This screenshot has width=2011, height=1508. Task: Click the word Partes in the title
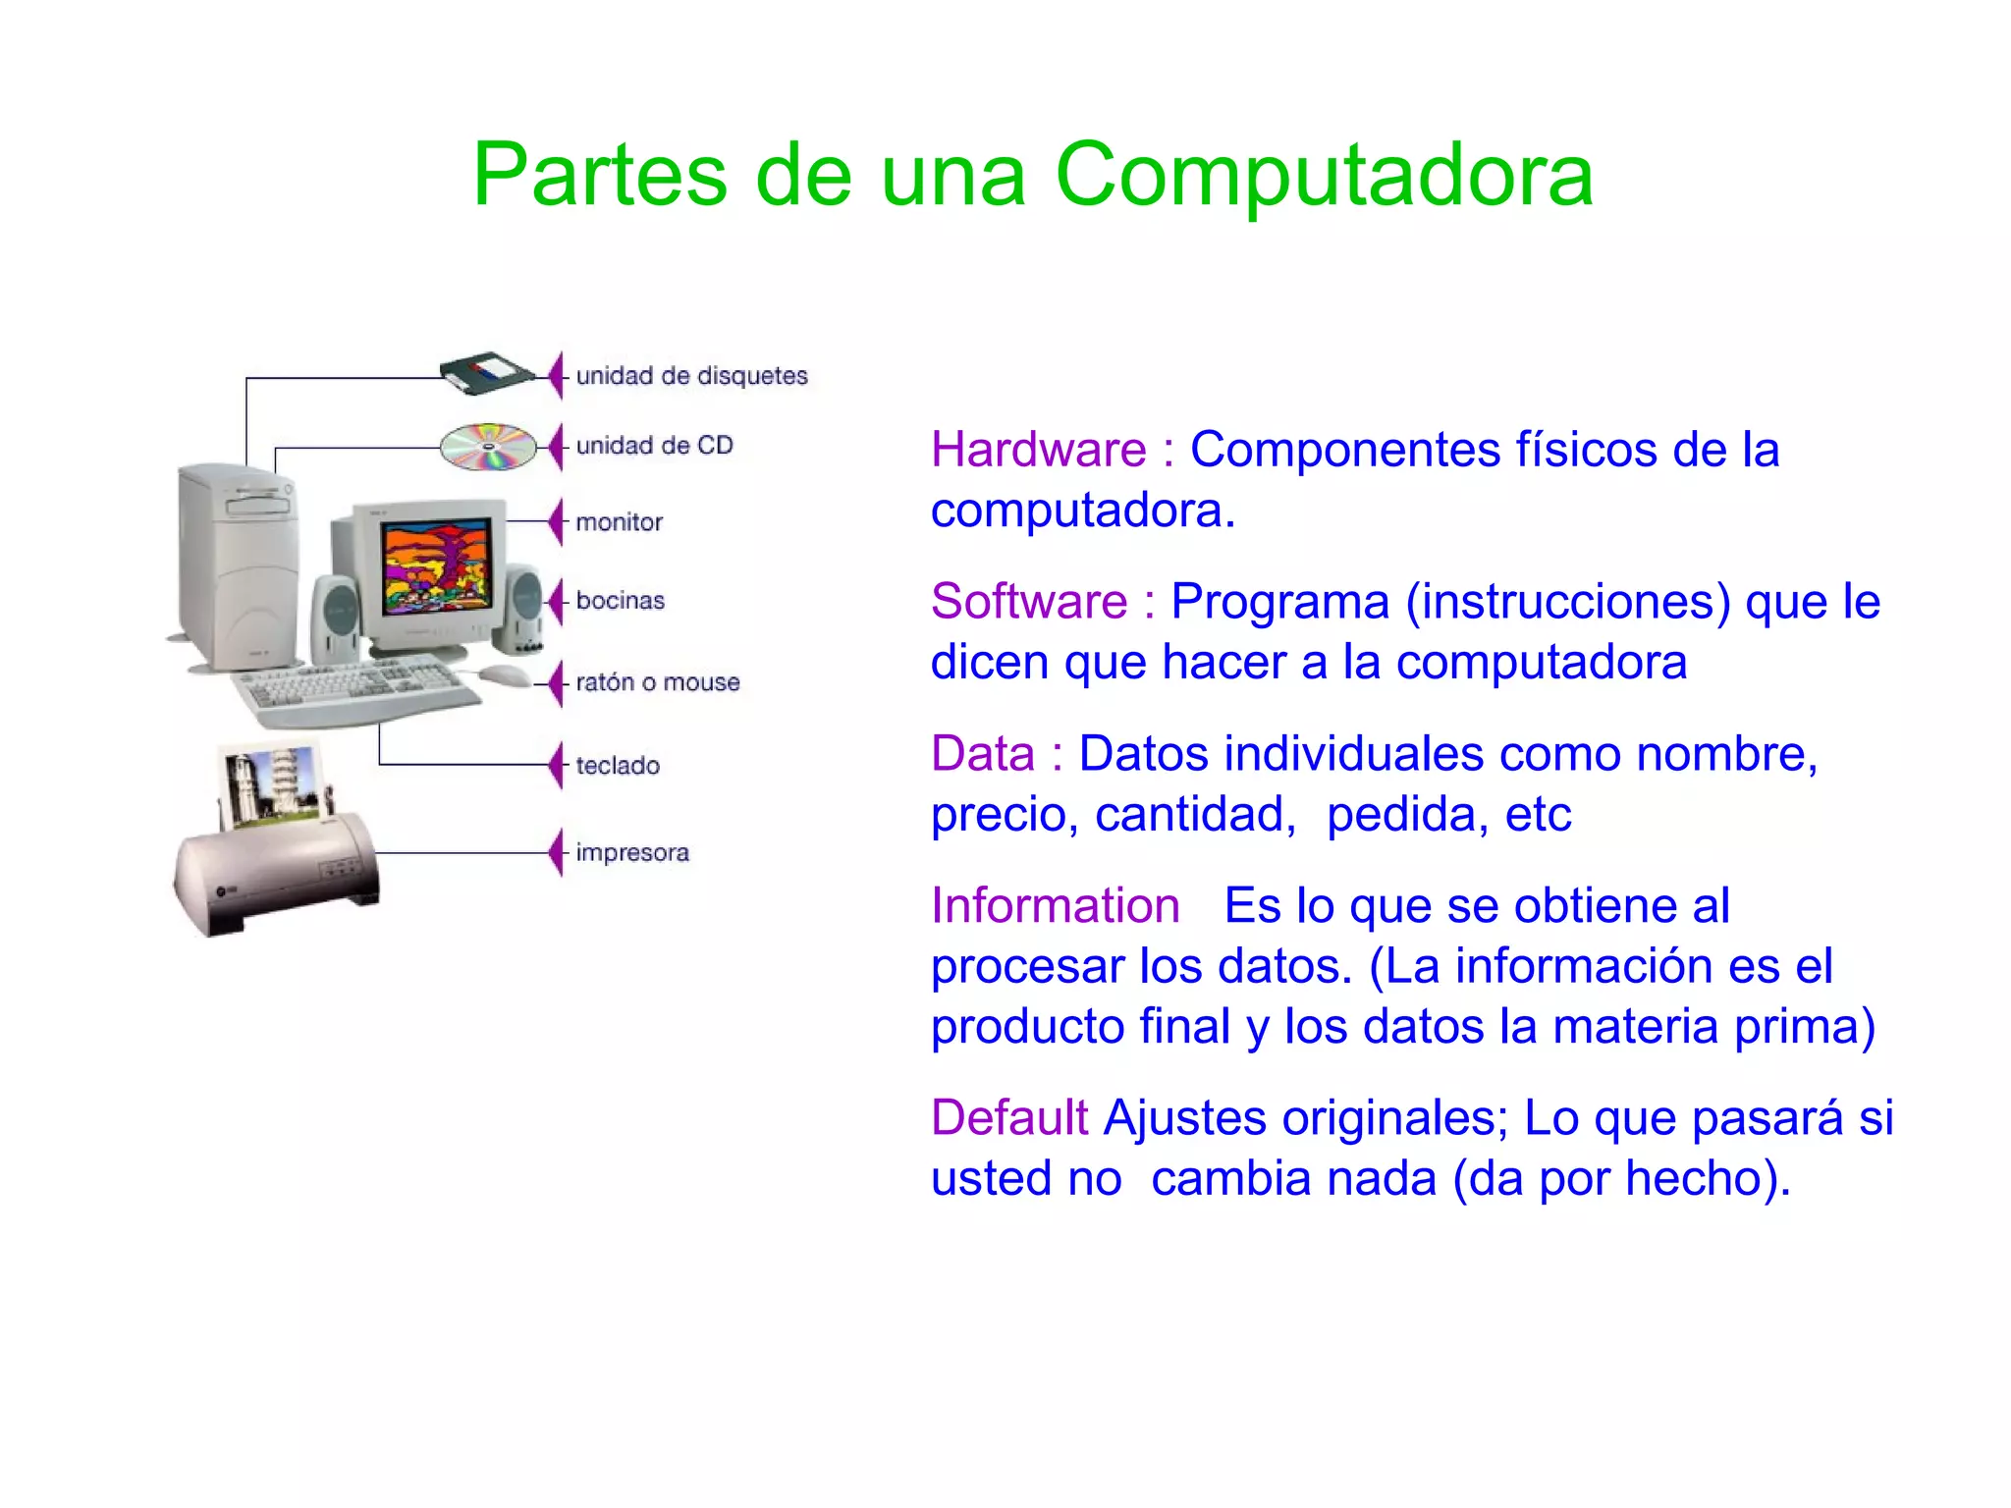pos(599,177)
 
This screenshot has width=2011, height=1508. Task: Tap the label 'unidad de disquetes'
pos(691,376)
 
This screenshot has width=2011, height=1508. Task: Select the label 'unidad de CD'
pos(654,446)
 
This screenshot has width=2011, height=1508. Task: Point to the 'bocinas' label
pos(620,600)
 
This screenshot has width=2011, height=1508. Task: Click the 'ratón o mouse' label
pos(657,682)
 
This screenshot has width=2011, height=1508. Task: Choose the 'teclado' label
pos(617,765)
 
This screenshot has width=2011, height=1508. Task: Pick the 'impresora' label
pos(631,852)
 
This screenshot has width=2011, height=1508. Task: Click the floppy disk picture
pos(485,373)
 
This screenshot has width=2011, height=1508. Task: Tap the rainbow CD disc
pos(488,447)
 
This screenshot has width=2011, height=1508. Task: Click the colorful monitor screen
pos(437,567)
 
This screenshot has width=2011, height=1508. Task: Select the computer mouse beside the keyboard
pos(505,675)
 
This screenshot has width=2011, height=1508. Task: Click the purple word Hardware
pos(1038,451)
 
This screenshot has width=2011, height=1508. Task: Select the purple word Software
pos(1028,602)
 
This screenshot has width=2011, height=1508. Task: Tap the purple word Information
pos(1055,905)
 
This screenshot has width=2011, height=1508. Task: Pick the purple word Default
pos(1008,1118)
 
